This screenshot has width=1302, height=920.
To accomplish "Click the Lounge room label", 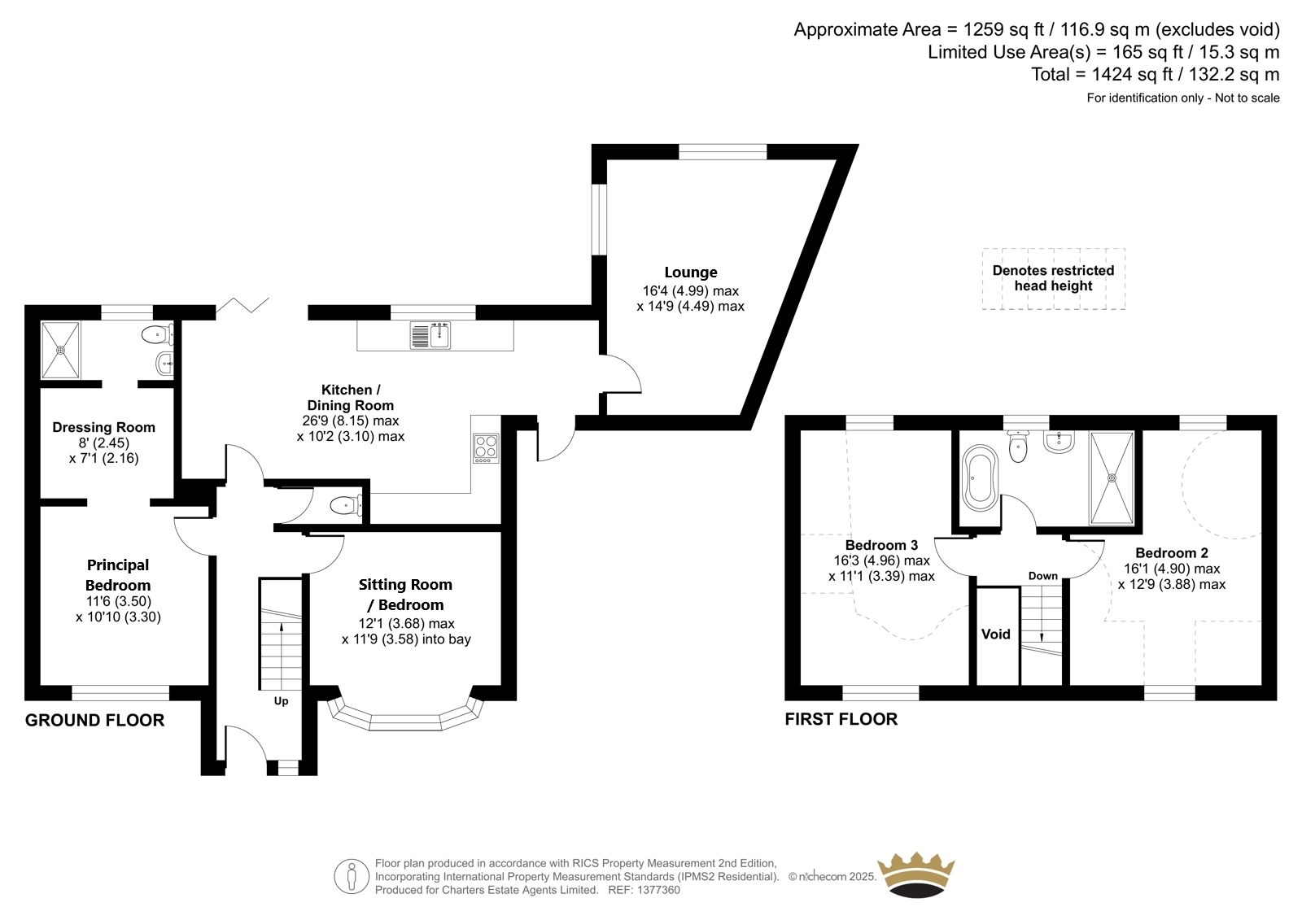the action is (x=691, y=272).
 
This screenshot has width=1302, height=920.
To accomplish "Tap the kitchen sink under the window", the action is (x=430, y=335).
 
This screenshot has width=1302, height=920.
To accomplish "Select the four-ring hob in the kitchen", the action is (x=486, y=448).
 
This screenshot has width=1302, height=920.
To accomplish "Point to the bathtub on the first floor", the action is (x=980, y=477).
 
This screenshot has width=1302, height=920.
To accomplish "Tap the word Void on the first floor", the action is (x=996, y=634).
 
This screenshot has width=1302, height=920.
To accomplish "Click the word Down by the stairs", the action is (x=1042, y=576).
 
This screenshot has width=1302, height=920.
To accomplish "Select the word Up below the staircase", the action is (x=282, y=701).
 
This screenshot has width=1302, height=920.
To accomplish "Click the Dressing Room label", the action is (x=103, y=427).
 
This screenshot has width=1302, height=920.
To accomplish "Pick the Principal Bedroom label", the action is (x=118, y=575).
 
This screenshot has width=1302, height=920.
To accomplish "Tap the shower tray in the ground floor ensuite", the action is (x=60, y=351).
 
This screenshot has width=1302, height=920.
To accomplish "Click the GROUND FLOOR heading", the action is (x=94, y=720).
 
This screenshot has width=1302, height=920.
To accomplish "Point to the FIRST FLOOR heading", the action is (x=841, y=719).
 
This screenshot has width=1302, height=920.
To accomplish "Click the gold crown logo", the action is (x=916, y=874).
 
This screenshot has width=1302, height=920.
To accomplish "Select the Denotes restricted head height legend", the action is (x=1053, y=278).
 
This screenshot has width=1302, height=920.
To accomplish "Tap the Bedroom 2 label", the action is (x=1172, y=552).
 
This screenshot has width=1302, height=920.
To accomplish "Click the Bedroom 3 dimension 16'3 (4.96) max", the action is (x=882, y=560).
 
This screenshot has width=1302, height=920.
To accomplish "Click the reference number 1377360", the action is (x=658, y=890).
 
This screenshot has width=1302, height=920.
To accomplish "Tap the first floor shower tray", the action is (x=1112, y=477).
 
